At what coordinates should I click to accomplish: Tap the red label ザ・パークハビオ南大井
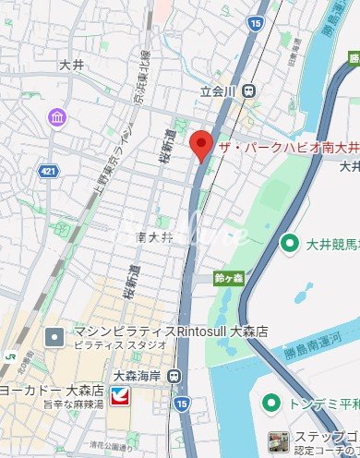point(287,150)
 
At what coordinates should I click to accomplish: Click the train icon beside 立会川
point(250,91)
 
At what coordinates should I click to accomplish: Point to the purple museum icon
point(57,117)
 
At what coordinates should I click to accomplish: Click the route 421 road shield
point(51,171)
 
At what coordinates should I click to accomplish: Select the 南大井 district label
point(155,236)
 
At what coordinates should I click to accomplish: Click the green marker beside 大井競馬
point(290,244)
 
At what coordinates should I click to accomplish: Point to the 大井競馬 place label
point(331,244)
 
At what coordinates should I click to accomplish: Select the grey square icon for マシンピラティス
point(54,338)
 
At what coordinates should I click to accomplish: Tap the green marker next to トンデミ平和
point(270,404)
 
